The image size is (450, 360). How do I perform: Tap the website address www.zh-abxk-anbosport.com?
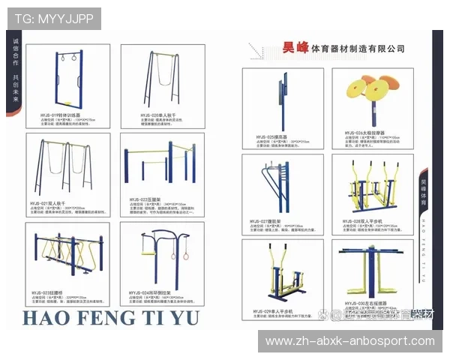(x=350, y=341)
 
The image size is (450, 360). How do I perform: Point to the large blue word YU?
(x=183, y=317)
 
